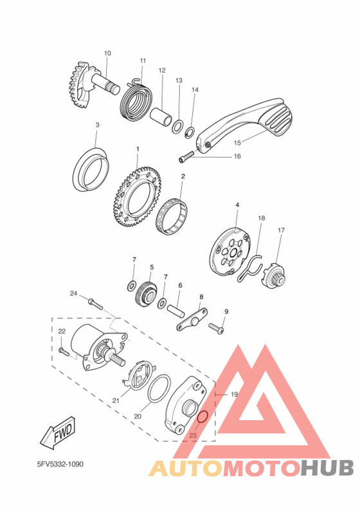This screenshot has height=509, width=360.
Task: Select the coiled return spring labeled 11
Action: tap(136, 100)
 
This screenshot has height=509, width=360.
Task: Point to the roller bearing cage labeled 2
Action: tap(172, 216)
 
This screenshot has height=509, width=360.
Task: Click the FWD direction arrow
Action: tap(58, 432)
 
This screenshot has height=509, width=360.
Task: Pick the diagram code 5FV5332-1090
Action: tap(60, 464)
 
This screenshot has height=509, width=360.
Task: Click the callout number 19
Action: tap(234, 394)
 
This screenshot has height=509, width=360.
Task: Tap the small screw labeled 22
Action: tap(64, 351)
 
